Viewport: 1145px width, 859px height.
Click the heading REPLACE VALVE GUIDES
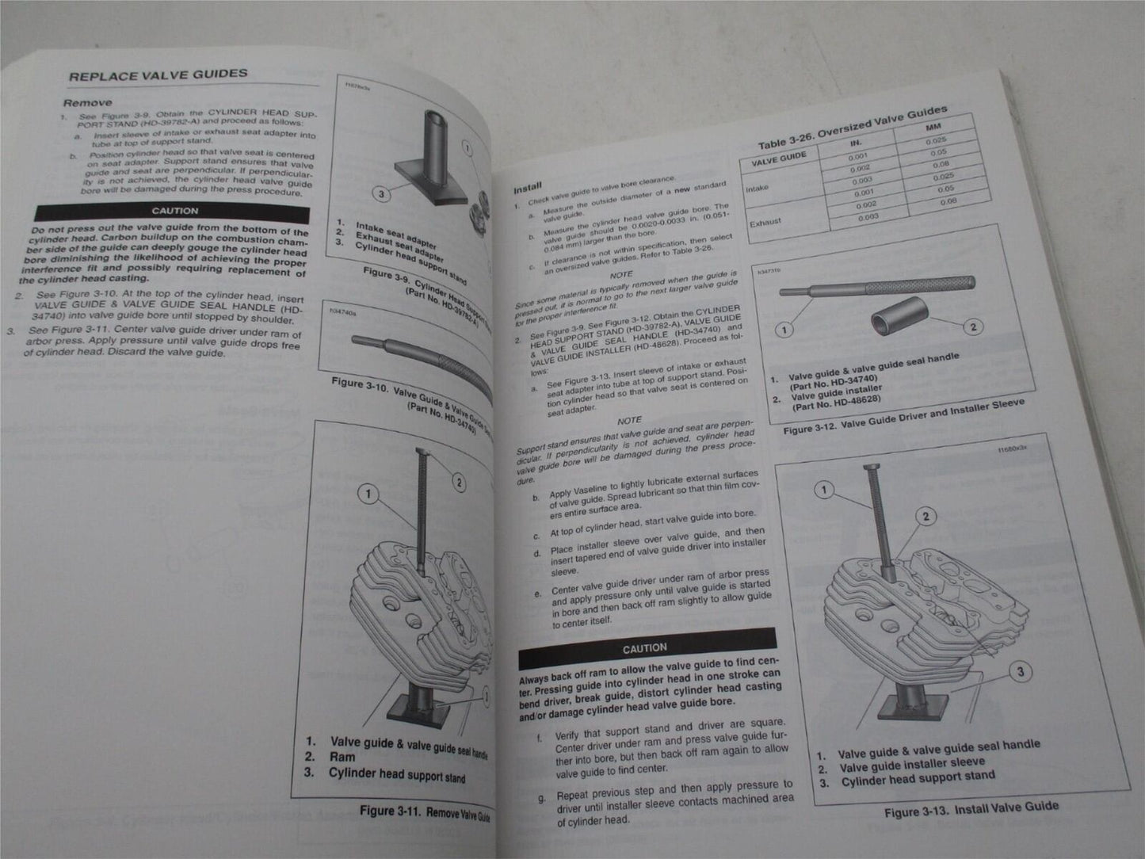coord(158,75)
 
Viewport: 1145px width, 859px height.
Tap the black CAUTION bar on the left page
coord(174,211)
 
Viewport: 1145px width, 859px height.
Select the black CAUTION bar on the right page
coord(645,647)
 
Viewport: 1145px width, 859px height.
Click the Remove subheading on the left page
coord(87,102)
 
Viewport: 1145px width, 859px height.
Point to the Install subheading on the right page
coord(527,189)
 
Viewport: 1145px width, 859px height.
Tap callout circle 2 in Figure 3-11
coord(459,482)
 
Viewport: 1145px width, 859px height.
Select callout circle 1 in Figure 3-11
coord(368,494)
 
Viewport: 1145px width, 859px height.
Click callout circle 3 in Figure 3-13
coord(1020,672)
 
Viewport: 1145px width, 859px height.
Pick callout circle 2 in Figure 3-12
coord(973,326)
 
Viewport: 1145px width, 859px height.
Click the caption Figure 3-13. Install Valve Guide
coord(971,809)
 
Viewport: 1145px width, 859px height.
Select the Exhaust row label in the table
coord(765,222)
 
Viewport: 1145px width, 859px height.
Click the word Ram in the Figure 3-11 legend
coord(342,757)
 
